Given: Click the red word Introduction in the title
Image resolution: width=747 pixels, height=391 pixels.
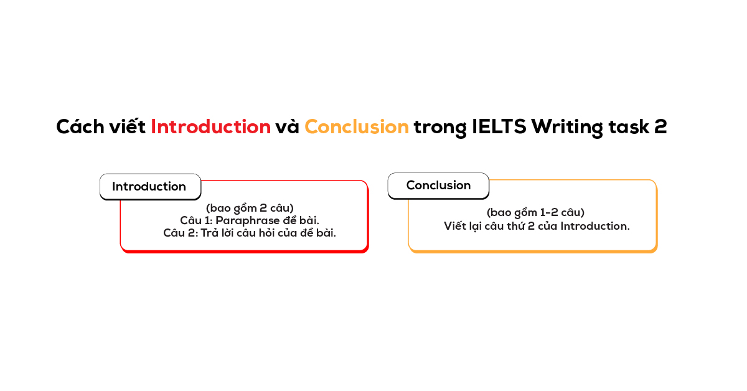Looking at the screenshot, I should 210,127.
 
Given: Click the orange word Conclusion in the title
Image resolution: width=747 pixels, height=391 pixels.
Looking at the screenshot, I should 357,127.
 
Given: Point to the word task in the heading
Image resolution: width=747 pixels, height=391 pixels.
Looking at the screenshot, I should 627,127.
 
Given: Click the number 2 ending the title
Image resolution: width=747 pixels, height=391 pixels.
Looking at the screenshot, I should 660,127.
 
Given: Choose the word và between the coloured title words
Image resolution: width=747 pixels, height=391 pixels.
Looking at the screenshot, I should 288,127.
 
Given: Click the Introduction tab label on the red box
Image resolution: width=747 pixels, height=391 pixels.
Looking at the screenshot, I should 149,187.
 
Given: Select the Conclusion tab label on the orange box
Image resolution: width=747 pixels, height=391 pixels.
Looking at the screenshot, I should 438,186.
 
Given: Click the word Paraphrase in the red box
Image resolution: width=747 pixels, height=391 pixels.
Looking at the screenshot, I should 244,220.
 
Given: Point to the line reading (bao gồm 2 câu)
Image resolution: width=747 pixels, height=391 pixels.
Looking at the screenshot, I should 250,208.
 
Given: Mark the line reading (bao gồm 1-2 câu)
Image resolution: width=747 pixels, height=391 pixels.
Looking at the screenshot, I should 535,213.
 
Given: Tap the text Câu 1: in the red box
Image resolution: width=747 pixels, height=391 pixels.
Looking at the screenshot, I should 195,220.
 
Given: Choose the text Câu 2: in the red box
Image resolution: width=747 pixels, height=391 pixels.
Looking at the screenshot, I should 179,233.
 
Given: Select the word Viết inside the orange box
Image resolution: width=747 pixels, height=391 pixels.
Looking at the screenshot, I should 455,226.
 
